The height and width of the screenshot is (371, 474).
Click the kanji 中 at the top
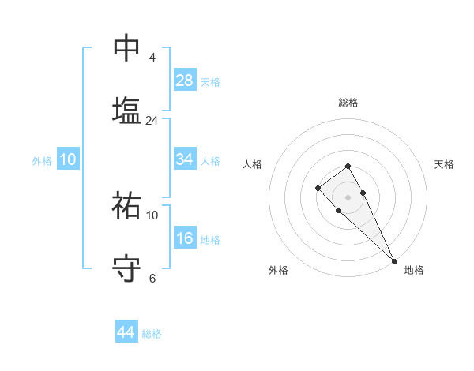tap(126, 48)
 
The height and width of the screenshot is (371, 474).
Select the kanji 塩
tap(126, 110)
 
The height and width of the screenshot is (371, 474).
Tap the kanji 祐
tap(126, 204)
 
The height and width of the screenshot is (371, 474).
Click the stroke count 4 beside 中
tap(152, 58)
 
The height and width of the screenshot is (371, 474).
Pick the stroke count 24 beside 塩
tap(152, 121)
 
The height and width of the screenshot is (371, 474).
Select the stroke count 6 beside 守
tap(152, 278)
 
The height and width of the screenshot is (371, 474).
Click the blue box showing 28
tap(184, 81)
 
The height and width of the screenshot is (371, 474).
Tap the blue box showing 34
tap(184, 159)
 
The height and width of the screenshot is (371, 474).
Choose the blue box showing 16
tap(184, 238)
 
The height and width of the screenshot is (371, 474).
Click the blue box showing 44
tap(126, 332)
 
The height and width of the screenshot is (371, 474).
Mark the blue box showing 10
tap(67, 159)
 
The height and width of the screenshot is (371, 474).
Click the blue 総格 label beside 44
tap(152, 334)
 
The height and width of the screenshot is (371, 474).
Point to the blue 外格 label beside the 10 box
tap(42, 161)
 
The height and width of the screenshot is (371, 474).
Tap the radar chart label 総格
tap(348, 103)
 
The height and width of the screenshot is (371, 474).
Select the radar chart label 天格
tap(444, 164)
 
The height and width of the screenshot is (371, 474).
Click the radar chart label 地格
tap(414, 270)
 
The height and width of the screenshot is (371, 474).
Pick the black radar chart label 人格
tap(253, 164)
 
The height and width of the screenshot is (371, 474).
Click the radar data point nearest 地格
tap(394, 260)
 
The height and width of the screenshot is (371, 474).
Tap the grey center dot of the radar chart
tap(348, 197)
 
